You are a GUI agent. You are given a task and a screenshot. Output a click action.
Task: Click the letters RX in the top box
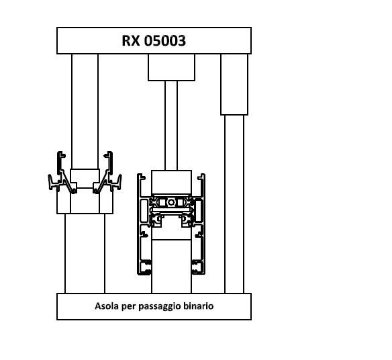[x=130, y=40]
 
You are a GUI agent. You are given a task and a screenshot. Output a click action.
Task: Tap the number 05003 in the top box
[x=165, y=40]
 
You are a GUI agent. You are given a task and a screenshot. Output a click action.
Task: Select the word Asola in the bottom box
[x=107, y=306]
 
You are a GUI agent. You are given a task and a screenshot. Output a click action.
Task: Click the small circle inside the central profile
[x=171, y=202]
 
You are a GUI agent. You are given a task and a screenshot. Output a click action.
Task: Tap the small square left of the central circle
[x=162, y=202]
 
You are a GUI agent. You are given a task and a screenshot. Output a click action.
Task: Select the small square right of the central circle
[x=181, y=202]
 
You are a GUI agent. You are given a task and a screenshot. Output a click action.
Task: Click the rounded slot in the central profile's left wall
[x=144, y=211]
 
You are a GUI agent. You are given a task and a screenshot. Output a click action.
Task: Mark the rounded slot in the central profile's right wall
[x=198, y=211]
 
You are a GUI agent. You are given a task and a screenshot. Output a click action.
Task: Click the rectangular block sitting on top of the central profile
[x=171, y=182]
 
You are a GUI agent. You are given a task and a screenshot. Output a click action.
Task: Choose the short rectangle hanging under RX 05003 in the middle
[x=171, y=67]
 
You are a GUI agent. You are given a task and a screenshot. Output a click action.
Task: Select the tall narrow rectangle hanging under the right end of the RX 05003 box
[x=234, y=85]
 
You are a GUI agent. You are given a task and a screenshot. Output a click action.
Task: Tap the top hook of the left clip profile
[x=61, y=156]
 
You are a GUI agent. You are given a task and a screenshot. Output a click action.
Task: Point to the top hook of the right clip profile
[x=109, y=156]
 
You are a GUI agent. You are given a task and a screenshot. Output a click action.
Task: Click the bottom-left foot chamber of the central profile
[x=145, y=267]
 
